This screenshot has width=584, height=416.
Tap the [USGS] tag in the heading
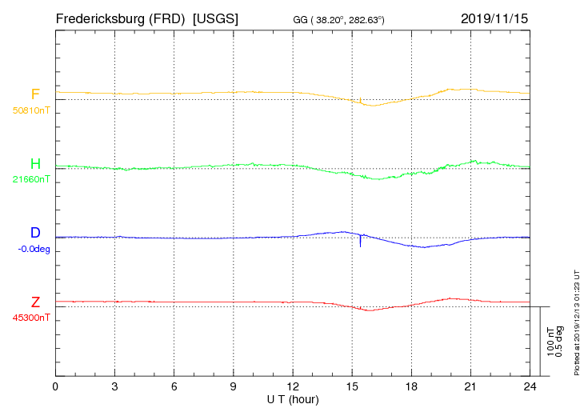tap(216, 18)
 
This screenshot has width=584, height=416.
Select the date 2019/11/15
tap(494, 18)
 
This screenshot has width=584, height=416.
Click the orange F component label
tap(35, 94)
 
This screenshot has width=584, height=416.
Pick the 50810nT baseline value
tap(32, 110)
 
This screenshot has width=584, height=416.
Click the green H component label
tap(35, 164)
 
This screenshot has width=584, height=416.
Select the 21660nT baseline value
tap(32, 179)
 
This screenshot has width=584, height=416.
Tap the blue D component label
tap(35, 234)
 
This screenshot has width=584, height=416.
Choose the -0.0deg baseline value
tap(34, 249)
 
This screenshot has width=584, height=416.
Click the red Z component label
tap(35, 302)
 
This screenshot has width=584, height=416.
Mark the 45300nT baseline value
tap(32, 318)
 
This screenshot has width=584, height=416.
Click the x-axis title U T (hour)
tap(293, 398)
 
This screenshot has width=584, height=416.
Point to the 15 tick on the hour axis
tap(353, 386)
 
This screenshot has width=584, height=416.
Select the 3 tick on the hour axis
tap(115, 386)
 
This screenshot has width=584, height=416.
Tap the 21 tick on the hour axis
tap(471, 386)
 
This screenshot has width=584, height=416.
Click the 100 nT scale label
tap(550, 342)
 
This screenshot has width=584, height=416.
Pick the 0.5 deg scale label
tap(560, 342)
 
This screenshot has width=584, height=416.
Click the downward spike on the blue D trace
tap(360, 242)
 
